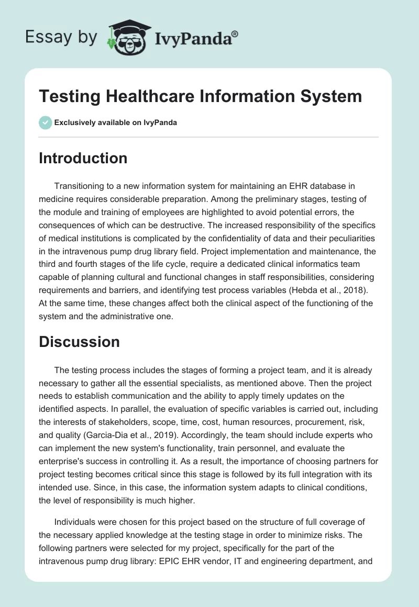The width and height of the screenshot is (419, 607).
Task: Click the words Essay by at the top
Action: click(61, 37)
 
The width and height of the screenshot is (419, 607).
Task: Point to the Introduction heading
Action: click(83, 158)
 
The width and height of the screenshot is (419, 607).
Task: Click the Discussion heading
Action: click(79, 342)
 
